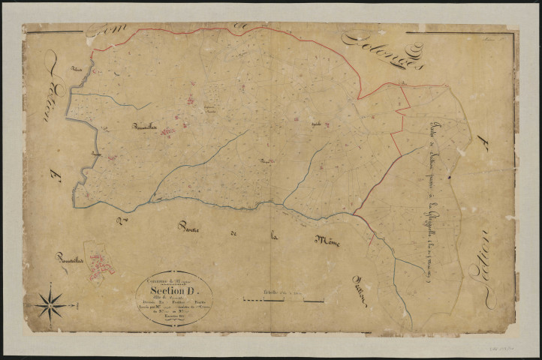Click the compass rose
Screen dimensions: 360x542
(x=50, y=304)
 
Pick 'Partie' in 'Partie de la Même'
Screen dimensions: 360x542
(x=192, y=228)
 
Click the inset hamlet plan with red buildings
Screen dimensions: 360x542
(x=98, y=260)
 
